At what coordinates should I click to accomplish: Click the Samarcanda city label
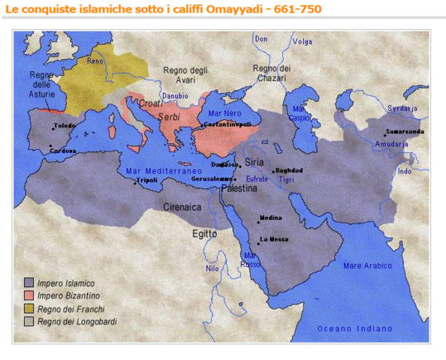[405, 131]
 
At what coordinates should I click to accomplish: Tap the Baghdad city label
[289, 170]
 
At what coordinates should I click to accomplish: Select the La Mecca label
[274, 239]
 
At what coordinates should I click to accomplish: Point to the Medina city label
[271, 217]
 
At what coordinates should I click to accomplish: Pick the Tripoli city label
[146, 181]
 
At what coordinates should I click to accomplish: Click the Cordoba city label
[63, 150]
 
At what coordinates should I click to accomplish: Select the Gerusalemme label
[212, 179]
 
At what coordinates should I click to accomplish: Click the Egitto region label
[203, 233]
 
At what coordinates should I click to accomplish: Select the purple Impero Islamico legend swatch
[29, 283]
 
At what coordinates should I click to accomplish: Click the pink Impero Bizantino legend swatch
[29, 295]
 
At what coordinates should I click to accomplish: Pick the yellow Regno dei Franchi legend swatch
[29, 308]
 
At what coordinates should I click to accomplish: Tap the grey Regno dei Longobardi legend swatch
[29, 321]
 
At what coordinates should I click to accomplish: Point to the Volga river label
[302, 41]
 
